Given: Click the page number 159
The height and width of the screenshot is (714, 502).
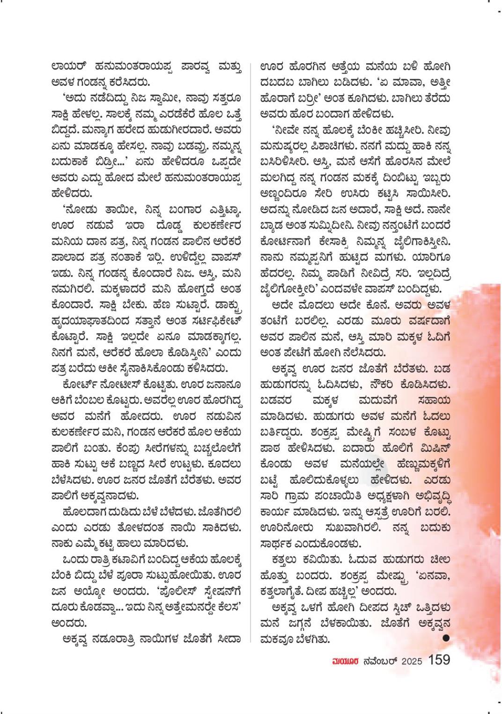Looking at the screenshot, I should pos(439,660).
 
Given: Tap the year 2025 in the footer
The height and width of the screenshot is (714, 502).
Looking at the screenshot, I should pos(411,661).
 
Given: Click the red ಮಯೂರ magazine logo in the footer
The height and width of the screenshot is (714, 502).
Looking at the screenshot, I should pos(345,661).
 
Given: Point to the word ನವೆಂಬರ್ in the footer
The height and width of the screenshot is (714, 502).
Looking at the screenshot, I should pos(380,661).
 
